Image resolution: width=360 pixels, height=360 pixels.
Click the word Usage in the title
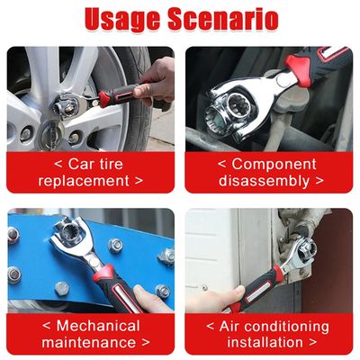pos(123,20)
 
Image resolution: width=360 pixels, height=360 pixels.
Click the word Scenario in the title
pos(223,19)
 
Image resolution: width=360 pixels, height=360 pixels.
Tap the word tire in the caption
pos(111,164)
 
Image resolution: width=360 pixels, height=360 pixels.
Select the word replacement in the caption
pos(84,181)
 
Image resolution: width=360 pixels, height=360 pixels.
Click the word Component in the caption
pos(274,165)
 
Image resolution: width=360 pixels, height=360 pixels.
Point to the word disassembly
pos(264,181)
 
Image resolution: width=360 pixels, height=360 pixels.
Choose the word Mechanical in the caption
pos(98,326)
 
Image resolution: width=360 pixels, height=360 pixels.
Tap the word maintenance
pos(89,343)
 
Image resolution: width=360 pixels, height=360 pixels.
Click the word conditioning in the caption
pos(287,327)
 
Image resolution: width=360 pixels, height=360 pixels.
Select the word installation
pos(265,343)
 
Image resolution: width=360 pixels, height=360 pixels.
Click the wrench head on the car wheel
pos(68,105)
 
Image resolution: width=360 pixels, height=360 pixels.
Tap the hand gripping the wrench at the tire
pos(155,82)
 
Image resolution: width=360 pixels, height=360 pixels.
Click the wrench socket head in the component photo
pos(237,111)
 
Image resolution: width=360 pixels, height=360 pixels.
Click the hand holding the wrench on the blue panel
pos(150,299)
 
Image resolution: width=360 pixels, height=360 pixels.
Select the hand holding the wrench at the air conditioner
pos(216,300)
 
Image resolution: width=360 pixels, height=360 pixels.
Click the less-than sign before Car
pos(58,165)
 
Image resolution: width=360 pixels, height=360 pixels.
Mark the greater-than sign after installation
pos(312,343)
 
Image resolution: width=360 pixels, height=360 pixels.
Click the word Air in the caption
pos(229,326)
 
